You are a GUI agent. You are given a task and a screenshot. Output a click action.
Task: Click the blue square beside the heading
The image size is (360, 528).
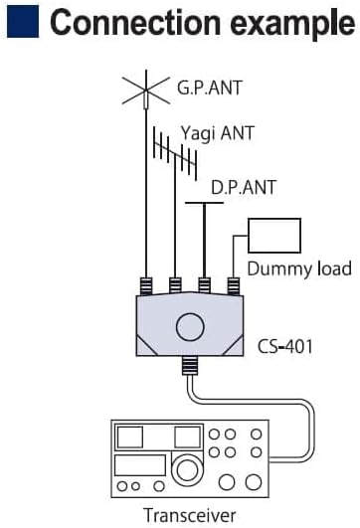point(23,22)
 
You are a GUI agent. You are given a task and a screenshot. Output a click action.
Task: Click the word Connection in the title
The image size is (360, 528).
point(134,22)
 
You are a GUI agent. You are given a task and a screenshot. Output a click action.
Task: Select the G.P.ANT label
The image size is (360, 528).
point(210,88)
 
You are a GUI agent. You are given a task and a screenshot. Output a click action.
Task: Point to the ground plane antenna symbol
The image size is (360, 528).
point(146,90)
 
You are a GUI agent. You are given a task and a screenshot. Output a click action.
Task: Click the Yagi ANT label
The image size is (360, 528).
point(217,133)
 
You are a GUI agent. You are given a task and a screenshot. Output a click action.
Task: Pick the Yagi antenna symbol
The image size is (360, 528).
point(175,153)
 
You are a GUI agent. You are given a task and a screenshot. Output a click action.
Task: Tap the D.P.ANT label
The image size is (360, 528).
point(243,188)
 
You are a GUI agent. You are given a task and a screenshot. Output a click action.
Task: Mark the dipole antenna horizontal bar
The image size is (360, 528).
point(204,203)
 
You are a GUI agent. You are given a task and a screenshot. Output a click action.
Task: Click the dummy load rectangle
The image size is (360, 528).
point(274,236)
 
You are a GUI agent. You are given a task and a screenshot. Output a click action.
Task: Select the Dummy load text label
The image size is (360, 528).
point(299,268)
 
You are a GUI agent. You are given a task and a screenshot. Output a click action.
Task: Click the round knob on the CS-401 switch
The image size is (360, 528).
point(190,327)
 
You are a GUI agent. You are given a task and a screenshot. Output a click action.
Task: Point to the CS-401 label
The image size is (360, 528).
point(284,346)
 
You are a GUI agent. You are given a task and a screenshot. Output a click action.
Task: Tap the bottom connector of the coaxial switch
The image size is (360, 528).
point(190,366)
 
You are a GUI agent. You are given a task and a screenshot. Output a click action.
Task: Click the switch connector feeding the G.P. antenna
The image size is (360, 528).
point(146,286)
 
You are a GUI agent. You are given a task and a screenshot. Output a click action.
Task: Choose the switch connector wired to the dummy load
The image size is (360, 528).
point(234,286)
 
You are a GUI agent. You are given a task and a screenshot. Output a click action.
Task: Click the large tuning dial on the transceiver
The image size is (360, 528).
point(187,469)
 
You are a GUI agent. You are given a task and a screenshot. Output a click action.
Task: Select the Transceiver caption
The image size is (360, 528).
point(190,515)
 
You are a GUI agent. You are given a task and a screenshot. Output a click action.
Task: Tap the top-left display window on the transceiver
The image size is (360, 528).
point(129,438)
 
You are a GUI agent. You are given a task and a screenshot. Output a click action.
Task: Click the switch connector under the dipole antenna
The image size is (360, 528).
point(205,286)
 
